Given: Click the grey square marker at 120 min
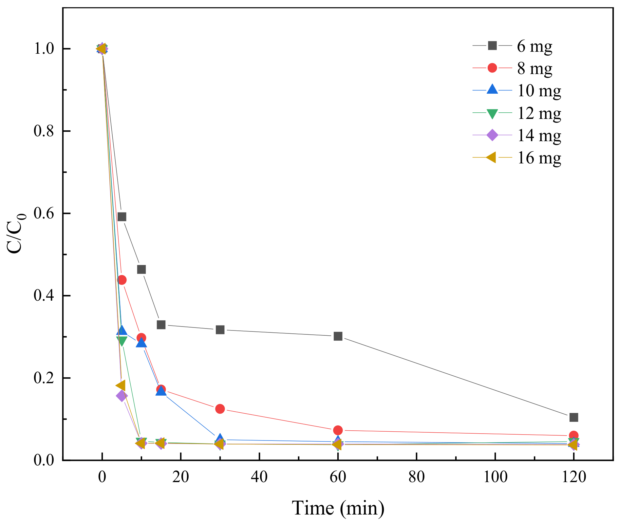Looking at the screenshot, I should (573, 417).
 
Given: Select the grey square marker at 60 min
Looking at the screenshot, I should (338, 336).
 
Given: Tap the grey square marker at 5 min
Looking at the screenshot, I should (122, 217).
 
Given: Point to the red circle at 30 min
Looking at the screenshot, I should (220, 409).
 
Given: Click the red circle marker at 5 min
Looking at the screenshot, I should (122, 280).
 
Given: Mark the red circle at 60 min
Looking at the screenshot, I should (338, 430).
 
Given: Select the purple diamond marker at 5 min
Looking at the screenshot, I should (122, 396).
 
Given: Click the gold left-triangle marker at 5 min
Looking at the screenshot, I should (121, 385).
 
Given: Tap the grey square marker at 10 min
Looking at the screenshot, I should (141, 270).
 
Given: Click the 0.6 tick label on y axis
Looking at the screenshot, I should (43, 214).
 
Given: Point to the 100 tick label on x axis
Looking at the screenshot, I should (495, 477).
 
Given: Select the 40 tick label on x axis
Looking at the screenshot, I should (259, 477).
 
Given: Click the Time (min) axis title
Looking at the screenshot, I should (338, 508).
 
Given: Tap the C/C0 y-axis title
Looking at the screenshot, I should (16, 233).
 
